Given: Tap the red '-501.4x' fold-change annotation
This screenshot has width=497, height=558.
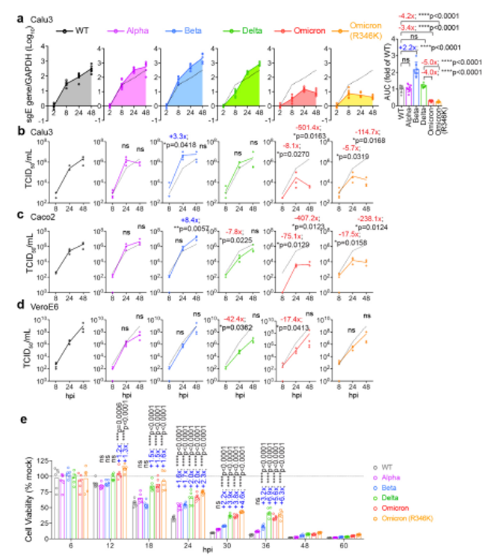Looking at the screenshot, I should point(311,129).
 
